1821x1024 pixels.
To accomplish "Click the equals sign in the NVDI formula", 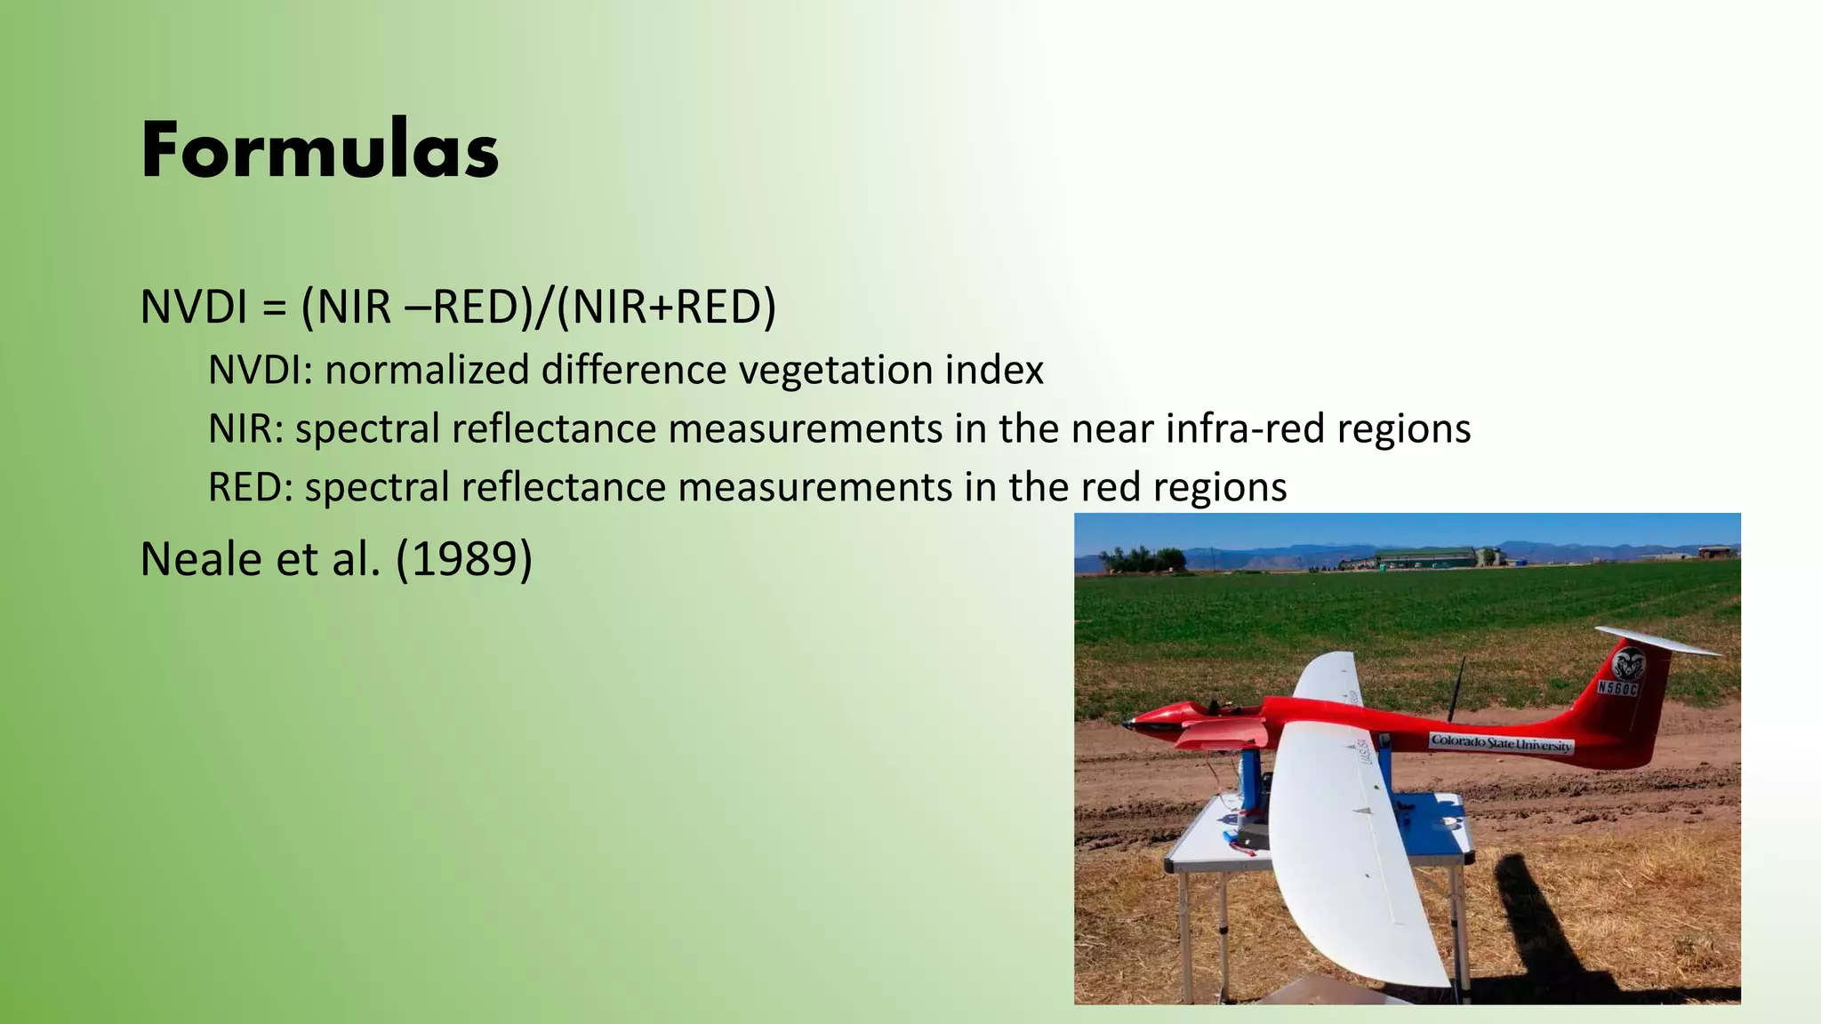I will (274, 308).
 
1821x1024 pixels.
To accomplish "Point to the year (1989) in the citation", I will (463, 559).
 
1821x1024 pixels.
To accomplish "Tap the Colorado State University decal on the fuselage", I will (1501, 743).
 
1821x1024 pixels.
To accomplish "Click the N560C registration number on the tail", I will (1617, 687).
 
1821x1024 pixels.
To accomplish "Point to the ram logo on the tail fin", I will (1628, 662).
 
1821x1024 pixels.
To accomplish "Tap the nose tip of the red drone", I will (1127, 724).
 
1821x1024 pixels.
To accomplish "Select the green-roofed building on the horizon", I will (1423, 557).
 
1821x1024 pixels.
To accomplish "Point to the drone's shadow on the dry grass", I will (1538, 924).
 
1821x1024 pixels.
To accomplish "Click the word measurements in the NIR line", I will (805, 428).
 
